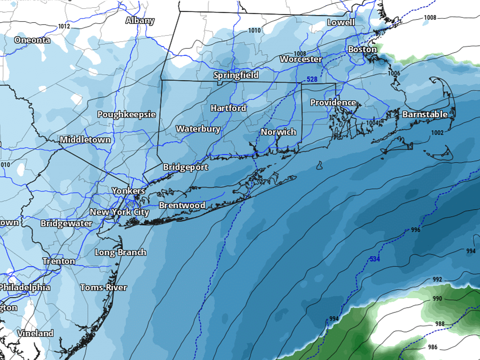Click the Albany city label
(140, 21)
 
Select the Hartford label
(228, 108)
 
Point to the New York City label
(119, 212)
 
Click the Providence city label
(333, 102)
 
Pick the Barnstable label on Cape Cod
(425, 114)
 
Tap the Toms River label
(103, 287)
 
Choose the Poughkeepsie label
(127, 114)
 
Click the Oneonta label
(33, 40)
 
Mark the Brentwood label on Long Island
(182, 205)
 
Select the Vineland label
(35, 333)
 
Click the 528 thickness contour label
(312, 79)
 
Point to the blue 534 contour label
(375, 259)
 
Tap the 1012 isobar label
(64, 26)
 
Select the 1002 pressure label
(437, 133)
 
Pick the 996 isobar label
(415, 230)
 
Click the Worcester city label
(301, 59)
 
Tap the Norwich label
(278, 132)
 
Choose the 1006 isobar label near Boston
(394, 74)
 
